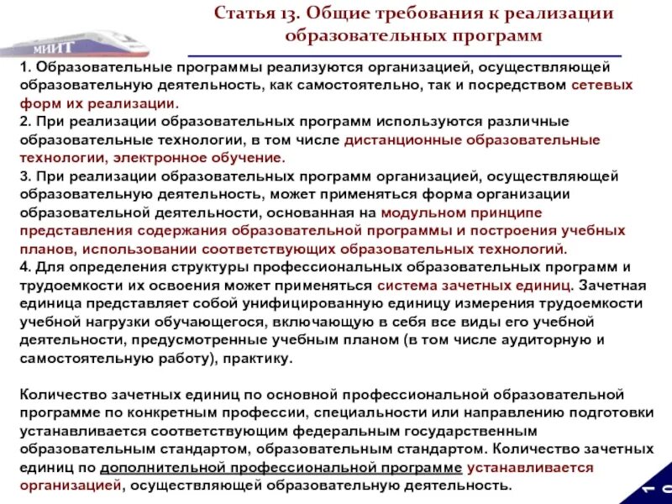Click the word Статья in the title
point(243,14)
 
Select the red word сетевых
point(602,86)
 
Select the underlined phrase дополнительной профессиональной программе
point(281,468)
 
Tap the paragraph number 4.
point(24,267)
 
